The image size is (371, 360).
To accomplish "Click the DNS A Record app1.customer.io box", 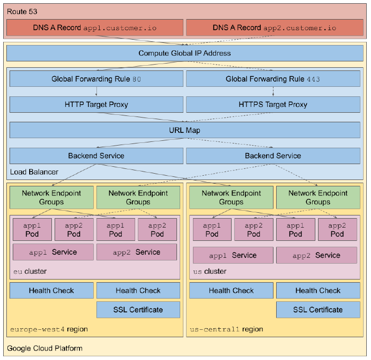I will tap(95, 28).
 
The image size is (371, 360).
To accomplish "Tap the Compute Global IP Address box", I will tap(184, 53).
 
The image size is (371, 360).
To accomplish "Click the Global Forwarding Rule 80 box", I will tap(96, 79).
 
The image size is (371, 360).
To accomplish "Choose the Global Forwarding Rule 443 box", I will tap(273, 79).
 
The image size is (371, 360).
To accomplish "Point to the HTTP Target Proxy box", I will tap(96, 104).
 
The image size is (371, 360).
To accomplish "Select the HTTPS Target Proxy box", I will tap(273, 104).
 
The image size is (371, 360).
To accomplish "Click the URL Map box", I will tap(184, 130).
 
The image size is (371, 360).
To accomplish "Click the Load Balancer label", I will tap(34, 172).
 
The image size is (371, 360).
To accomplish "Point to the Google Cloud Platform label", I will tap(45, 348).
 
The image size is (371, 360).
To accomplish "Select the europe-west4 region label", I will tap(49, 329).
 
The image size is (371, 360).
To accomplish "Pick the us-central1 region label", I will tap(226, 329).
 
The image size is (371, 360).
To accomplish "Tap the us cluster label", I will tap(209, 271).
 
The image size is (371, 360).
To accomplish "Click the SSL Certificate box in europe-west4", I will tap(138, 310).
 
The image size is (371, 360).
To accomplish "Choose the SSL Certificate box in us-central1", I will tap(317, 310).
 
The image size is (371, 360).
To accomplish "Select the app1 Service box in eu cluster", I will tap(53, 252).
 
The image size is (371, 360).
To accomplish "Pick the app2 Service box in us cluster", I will tap(316, 255).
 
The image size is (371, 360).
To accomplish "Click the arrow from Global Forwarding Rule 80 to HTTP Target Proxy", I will tap(96, 92).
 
